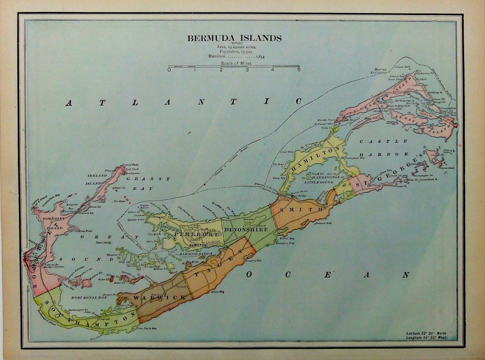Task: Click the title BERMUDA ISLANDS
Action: coord(234,38)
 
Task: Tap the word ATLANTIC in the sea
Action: coord(184,102)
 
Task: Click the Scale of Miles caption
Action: coord(234,64)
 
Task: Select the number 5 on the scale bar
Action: coord(298,70)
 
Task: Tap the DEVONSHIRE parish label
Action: coord(246,230)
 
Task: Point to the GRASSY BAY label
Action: coord(148,184)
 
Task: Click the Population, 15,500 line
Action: coord(234,51)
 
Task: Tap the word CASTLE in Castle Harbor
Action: coord(383,141)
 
